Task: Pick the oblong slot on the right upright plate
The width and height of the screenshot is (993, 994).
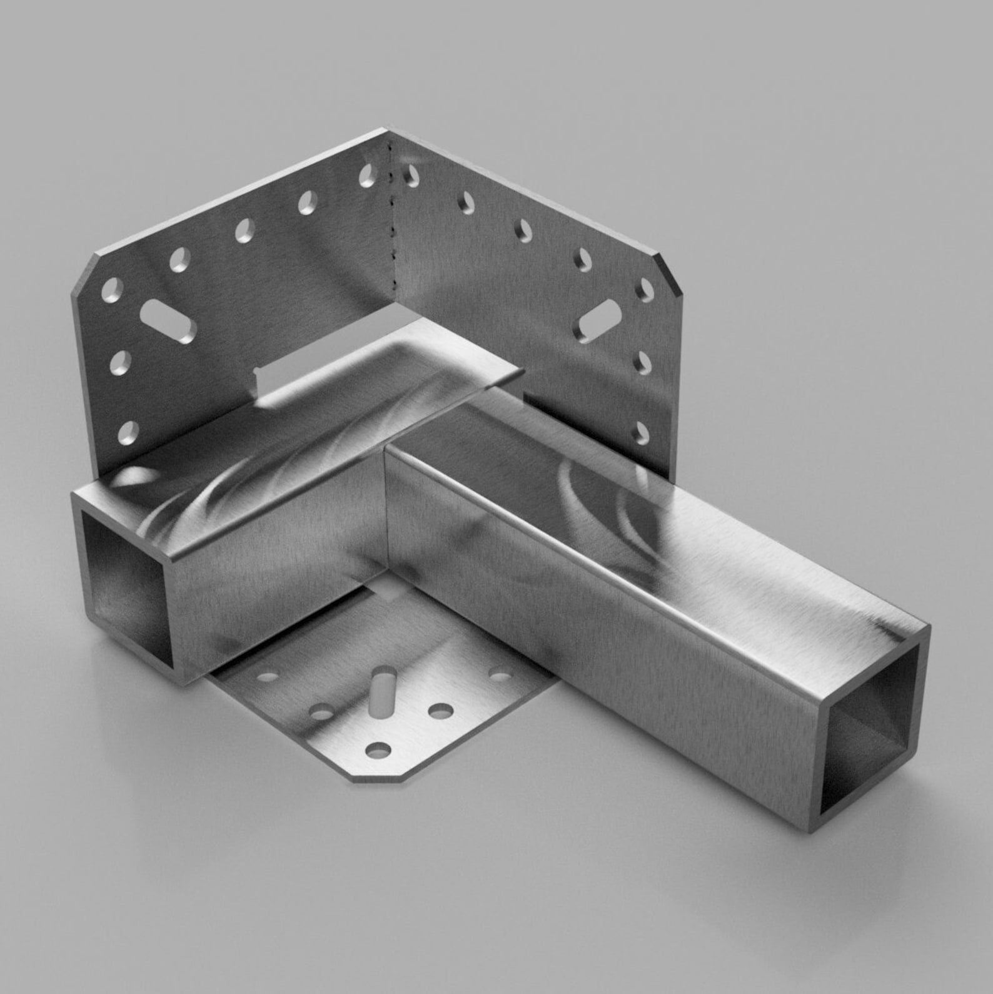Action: (x=598, y=320)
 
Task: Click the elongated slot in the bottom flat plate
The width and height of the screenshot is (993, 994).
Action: (x=381, y=692)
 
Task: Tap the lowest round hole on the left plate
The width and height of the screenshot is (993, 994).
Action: (x=128, y=431)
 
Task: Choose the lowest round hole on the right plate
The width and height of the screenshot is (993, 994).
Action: (x=642, y=432)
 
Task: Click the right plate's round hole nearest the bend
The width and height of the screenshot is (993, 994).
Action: (x=411, y=176)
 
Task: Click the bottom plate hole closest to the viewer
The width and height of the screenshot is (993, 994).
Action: (x=378, y=749)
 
